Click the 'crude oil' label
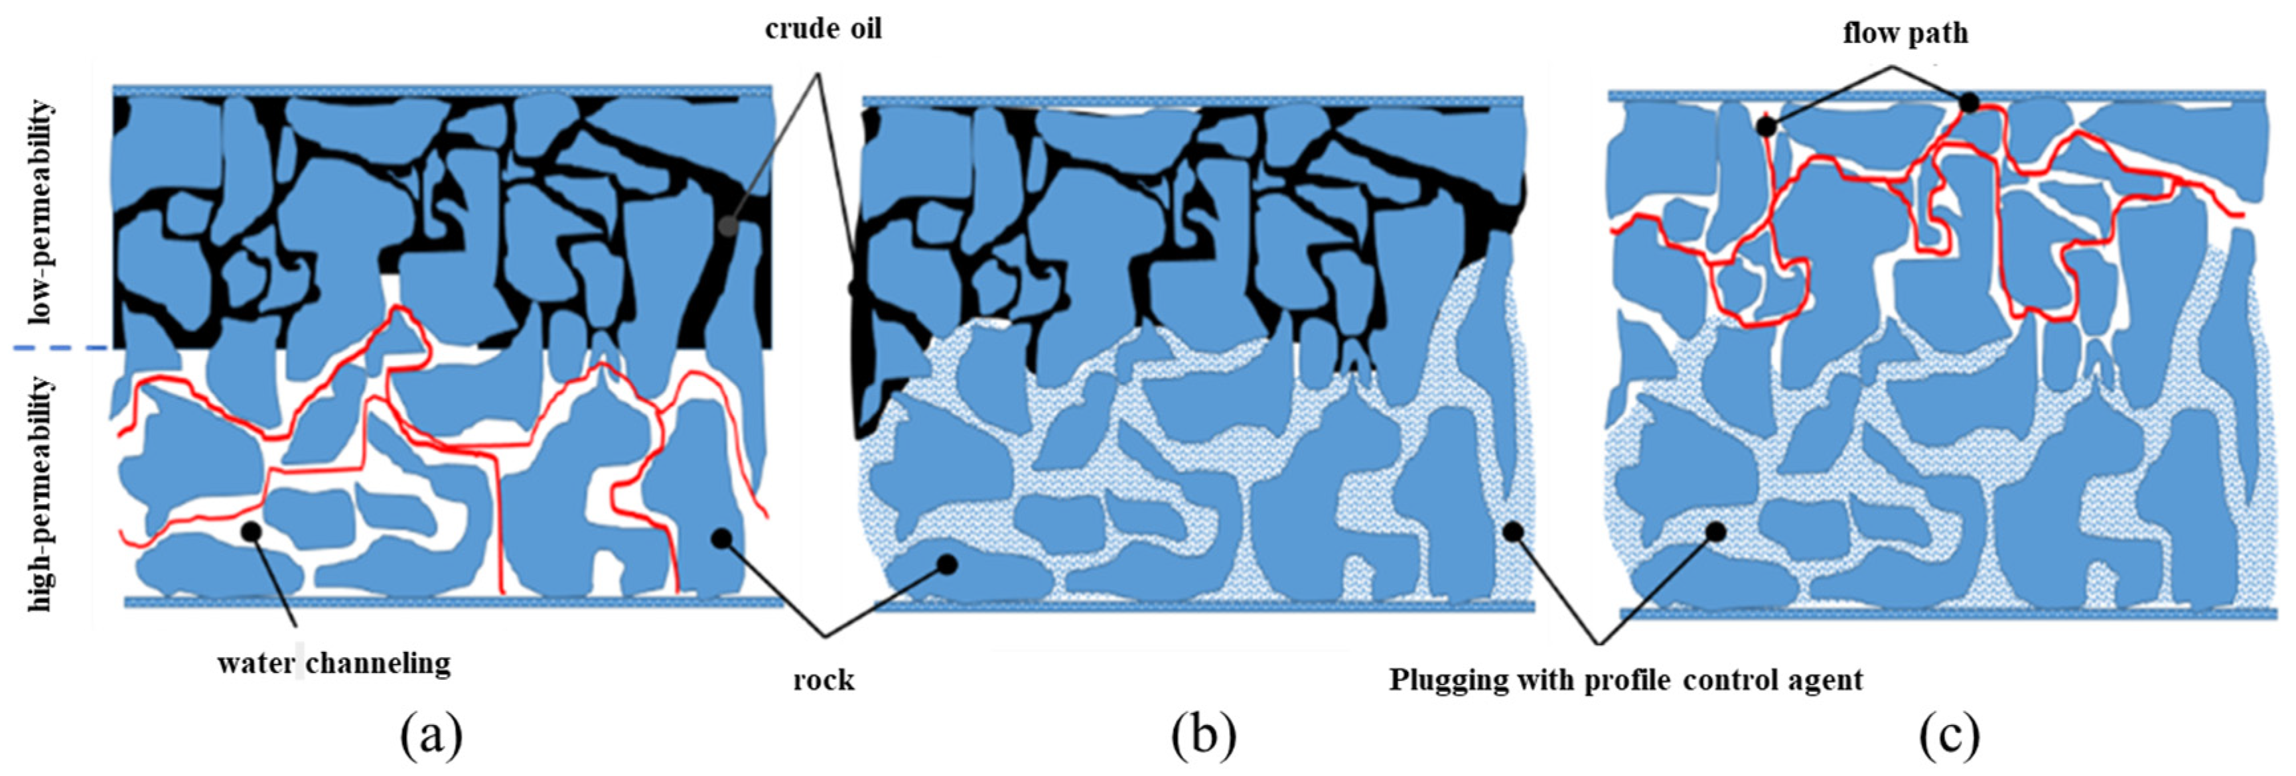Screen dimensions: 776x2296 [x=823, y=29]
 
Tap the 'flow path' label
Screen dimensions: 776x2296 [x=1904, y=34]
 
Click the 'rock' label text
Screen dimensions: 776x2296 [x=824, y=680]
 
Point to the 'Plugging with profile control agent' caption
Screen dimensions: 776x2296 [x=1626, y=680]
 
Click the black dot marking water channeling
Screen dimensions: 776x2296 [x=251, y=531]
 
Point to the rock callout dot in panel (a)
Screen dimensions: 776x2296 [x=721, y=537]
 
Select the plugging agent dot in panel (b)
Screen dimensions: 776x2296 [x=1512, y=532]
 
